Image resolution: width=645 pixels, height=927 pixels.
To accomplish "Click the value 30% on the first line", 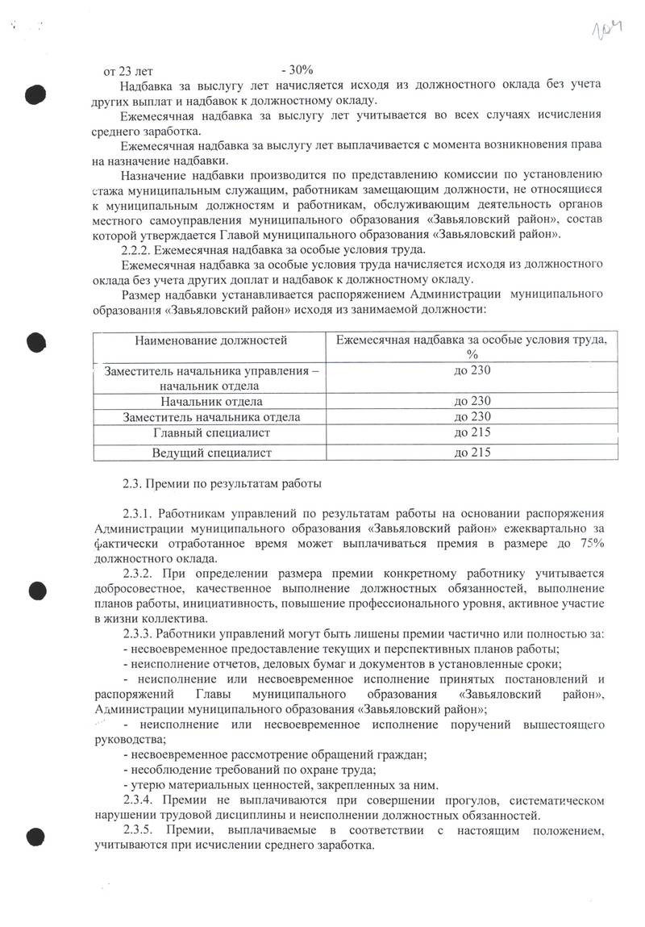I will [x=298, y=70].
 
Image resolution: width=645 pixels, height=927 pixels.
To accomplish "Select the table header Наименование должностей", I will [x=211, y=340].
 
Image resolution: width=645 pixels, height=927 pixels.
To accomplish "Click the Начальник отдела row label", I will [x=211, y=401].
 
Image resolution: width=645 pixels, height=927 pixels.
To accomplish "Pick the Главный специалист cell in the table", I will [x=211, y=433].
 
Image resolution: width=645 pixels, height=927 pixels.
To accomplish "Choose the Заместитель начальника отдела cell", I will [x=211, y=417].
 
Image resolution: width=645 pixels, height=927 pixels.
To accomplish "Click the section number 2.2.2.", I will [x=138, y=251].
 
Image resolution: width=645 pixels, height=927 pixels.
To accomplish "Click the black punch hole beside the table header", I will [x=34, y=341].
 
